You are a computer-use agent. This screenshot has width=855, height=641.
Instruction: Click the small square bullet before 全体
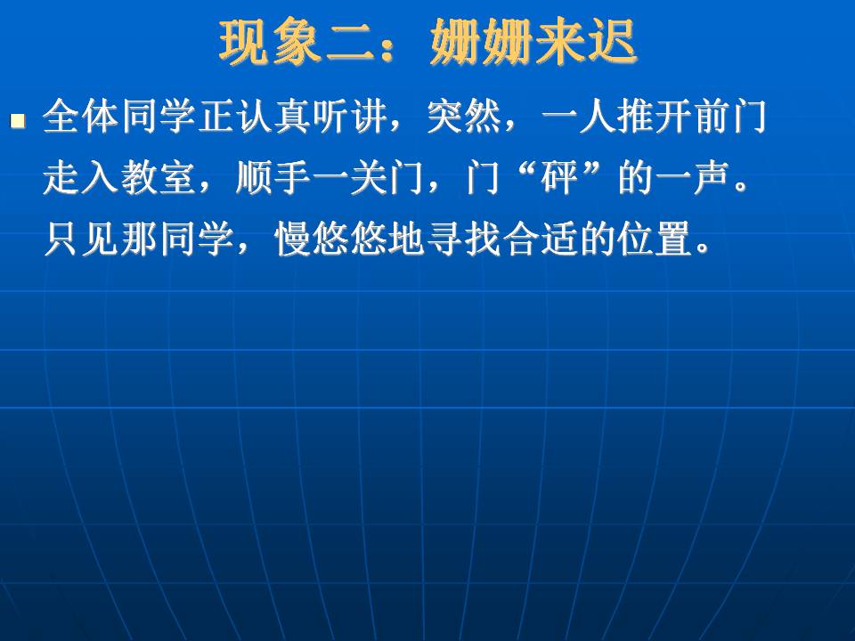(18, 120)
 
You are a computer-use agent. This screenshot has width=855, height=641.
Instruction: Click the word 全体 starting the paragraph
(81, 118)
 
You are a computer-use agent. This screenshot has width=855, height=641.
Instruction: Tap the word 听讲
(348, 118)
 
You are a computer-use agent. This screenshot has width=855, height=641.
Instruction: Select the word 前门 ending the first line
(730, 118)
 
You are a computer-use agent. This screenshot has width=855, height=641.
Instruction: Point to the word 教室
(157, 178)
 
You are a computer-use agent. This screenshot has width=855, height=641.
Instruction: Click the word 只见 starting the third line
(81, 239)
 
